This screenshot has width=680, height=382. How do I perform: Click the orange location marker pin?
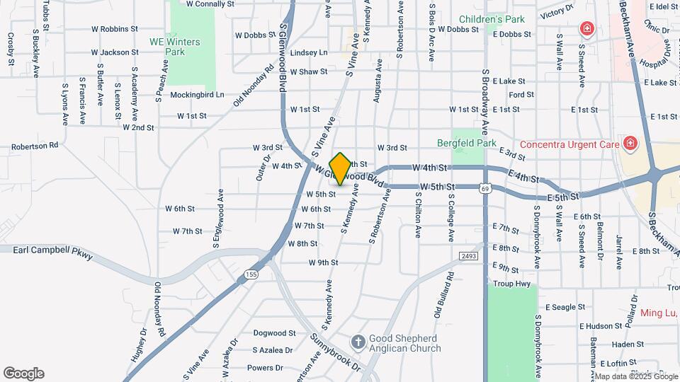coord(340,169)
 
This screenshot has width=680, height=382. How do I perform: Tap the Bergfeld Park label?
coord(477,143)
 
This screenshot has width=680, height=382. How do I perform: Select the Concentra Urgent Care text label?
coord(569,144)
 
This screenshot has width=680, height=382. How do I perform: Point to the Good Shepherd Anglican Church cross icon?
coord(358,343)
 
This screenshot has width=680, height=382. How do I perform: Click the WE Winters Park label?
coord(174,47)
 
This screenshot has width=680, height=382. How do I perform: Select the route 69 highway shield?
coord(484,188)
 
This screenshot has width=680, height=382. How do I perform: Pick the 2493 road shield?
coord(468,255)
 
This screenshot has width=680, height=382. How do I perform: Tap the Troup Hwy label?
coord(511,284)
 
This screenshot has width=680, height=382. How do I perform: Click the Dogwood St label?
coord(274,332)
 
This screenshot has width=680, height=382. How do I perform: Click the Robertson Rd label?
coord(34,146)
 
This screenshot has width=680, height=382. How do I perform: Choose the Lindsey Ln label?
coord(310,52)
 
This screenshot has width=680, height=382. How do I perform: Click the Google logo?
coord(23,374)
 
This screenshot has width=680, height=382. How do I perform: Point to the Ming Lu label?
coord(659,313)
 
